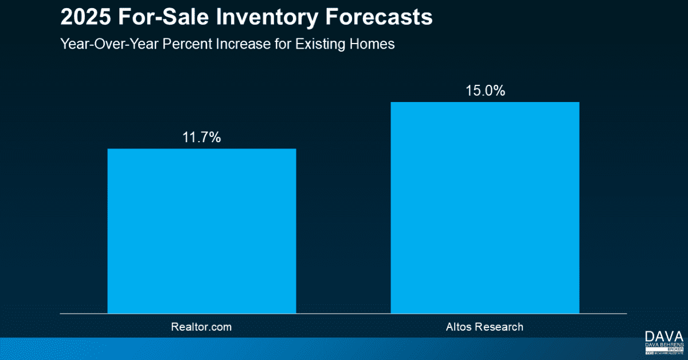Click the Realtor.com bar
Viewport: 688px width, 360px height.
[202, 231]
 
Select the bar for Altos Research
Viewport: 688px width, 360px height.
[485, 208]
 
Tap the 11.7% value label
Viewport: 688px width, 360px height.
[202, 138]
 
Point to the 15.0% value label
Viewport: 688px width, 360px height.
[485, 91]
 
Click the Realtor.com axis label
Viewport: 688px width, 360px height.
[202, 327]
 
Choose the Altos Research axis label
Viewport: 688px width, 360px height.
[485, 327]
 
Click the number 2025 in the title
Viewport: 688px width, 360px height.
[82, 18]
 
